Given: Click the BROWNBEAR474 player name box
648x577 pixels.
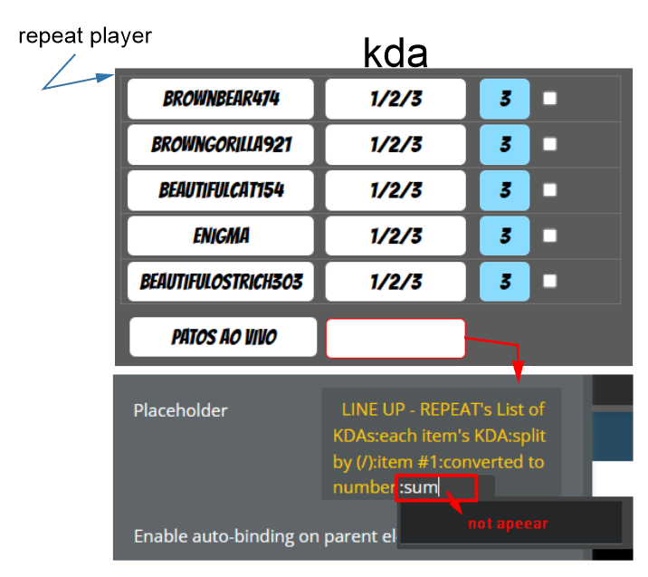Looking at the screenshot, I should [221, 99].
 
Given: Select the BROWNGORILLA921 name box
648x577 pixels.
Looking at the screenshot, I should [221, 145].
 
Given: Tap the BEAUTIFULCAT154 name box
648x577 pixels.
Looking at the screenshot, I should [221, 190].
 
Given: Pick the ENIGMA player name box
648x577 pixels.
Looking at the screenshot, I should [221, 236].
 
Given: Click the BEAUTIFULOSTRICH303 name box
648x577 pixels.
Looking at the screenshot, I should [221, 282].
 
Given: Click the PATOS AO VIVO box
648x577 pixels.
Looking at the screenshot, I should [223, 337].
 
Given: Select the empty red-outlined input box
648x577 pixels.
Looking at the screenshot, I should [395, 337].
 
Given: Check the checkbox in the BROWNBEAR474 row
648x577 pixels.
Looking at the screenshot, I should [549, 99].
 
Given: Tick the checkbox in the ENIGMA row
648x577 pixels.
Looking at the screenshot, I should [549, 236].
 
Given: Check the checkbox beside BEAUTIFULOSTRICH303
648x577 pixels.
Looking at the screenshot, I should [549, 282].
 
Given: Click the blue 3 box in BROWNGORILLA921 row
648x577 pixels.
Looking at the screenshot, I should [504, 145].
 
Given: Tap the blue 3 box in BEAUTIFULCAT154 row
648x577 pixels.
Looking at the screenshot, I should [504, 190].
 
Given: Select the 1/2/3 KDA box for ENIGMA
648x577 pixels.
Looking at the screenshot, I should [395, 236].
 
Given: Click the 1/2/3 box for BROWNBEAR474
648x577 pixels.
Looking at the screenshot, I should [395, 99].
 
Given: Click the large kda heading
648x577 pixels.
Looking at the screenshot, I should [395, 54].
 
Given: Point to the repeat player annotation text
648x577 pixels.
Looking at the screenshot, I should [85, 37].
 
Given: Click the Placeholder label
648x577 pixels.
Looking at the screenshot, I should [181, 410].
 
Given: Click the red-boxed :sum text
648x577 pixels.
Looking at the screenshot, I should [420, 488].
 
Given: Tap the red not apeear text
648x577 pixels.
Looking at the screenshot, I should [508, 524].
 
